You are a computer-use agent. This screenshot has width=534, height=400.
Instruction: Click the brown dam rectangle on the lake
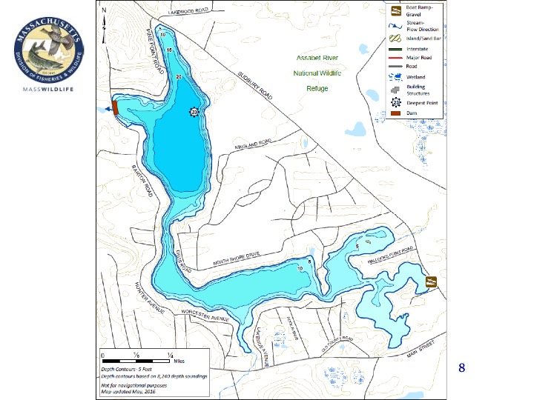coord(116,110)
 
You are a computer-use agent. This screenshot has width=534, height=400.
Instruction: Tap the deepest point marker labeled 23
coord(194,111)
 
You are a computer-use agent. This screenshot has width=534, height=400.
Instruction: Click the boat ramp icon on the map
coord(431,281)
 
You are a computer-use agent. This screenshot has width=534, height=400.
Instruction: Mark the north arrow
coord(105,18)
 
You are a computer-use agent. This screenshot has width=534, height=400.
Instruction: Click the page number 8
coord(461,367)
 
